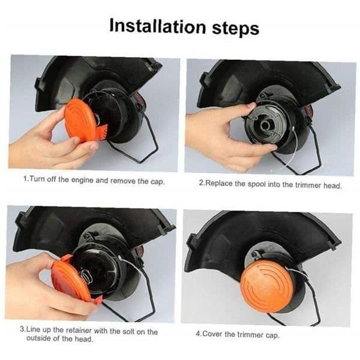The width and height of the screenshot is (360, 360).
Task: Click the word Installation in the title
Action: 157,26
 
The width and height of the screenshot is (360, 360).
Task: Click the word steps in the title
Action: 236,29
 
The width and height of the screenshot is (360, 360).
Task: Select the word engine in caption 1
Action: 82,180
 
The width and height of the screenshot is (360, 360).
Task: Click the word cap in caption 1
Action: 157,182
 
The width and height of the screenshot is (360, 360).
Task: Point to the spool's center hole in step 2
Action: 265,125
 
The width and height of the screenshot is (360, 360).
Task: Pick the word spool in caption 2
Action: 256,184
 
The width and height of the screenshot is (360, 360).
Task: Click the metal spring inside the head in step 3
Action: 87,277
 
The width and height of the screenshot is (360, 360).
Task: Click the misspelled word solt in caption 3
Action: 128,331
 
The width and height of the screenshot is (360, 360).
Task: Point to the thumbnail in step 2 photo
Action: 251,106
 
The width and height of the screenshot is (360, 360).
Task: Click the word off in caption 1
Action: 52,179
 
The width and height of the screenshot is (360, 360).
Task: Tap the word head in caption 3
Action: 83,339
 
